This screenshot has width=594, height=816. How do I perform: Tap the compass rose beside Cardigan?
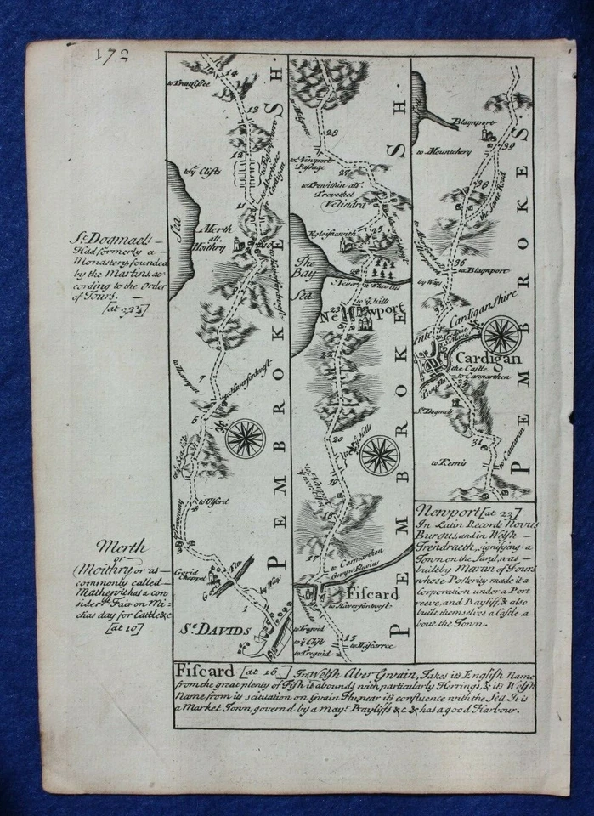pyautogui.click(x=503, y=333)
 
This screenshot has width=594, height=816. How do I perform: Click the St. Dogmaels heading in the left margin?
pyautogui.click(x=105, y=238)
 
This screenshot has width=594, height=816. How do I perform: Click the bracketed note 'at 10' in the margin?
pyautogui.click(x=123, y=628)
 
